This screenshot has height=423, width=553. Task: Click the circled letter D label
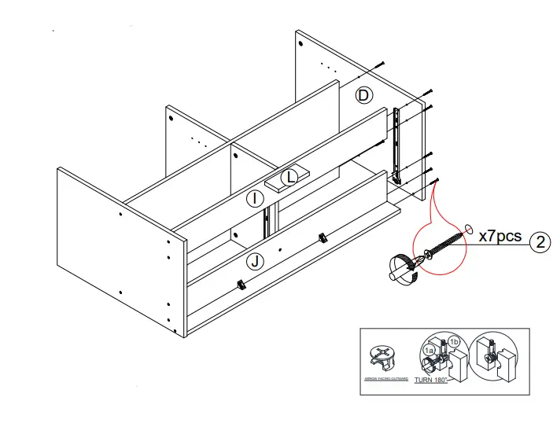tap(363, 95)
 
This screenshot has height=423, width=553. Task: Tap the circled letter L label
tap(291, 177)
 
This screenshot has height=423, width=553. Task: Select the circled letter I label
tap(254, 200)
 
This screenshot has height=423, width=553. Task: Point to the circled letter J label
tap(253, 260)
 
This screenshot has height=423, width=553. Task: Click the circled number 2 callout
tap(540, 241)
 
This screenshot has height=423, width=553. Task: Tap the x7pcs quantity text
tap(500, 236)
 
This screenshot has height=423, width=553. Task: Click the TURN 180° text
tap(431, 380)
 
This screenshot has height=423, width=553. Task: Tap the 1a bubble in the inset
tap(429, 350)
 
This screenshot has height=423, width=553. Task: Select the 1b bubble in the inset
tap(454, 341)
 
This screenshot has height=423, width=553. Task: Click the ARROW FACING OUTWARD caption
tap(385, 379)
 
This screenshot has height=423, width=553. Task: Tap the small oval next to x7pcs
tap(470, 230)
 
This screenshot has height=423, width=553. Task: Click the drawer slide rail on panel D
tap(398, 146)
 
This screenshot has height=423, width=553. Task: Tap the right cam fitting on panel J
tap(322, 237)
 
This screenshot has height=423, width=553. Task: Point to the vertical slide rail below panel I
tap(269, 219)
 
